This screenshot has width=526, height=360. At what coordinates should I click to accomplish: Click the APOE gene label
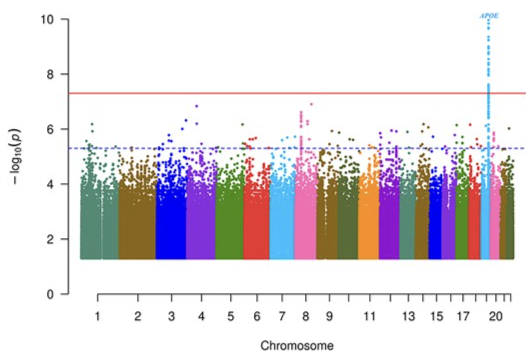489,16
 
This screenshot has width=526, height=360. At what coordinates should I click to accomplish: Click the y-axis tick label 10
49,19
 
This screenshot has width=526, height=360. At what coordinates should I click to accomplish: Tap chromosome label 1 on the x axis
98,316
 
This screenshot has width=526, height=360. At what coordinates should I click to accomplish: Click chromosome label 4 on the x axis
201,316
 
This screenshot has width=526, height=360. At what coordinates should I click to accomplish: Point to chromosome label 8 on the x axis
305,316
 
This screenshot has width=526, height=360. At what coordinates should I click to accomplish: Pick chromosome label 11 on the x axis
369,316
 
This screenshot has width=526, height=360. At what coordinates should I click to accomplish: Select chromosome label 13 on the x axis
408,316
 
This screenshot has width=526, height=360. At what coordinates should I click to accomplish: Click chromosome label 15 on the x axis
437,316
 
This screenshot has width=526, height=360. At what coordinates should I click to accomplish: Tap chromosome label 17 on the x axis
463,316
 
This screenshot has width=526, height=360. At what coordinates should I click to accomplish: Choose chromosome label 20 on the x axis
495,316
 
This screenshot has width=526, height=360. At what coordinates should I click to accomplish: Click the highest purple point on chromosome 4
197,106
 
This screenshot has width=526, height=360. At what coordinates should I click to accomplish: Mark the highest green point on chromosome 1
92,124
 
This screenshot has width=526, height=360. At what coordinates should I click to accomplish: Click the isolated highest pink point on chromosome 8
312,104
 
